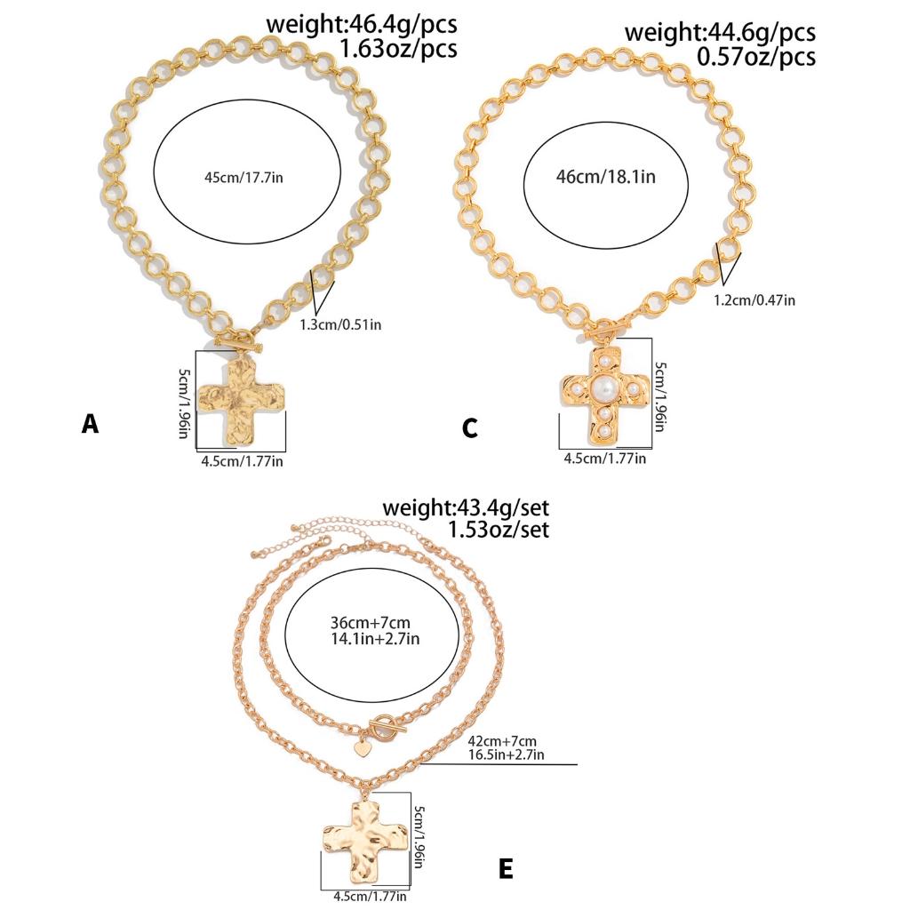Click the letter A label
(x=90, y=424)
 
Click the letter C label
(x=470, y=429)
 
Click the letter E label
(x=506, y=868)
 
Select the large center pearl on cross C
(x=607, y=388)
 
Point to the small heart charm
(x=362, y=748)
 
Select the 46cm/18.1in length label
(x=606, y=176)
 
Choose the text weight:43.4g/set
(x=466, y=507)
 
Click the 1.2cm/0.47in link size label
(x=754, y=299)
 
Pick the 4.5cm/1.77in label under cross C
(x=605, y=459)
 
